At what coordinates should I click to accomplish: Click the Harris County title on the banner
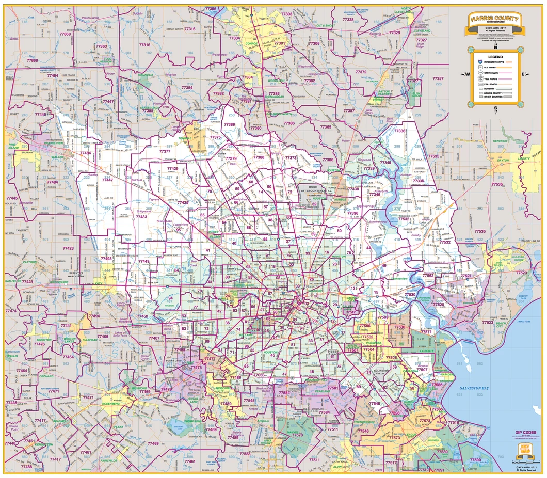pyautogui.click(x=494, y=19)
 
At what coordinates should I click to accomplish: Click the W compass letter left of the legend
pyautogui.click(x=468, y=74)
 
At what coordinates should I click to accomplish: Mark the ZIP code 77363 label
pyautogui.click(x=101, y=46)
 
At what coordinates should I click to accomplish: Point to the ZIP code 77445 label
pyautogui.click(x=42, y=114)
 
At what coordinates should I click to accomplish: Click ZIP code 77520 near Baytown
pyautogui.click(x=438, y=305)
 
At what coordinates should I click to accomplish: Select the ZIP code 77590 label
pyautogui.click(x=475, y=460)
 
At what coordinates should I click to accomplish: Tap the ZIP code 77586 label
pyautogui.click(x=438, y=384)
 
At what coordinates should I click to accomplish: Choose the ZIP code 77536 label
pyautogui.click(x=399, y=327)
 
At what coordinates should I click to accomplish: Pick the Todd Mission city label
pyautogui.click(x=107, y=59)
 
